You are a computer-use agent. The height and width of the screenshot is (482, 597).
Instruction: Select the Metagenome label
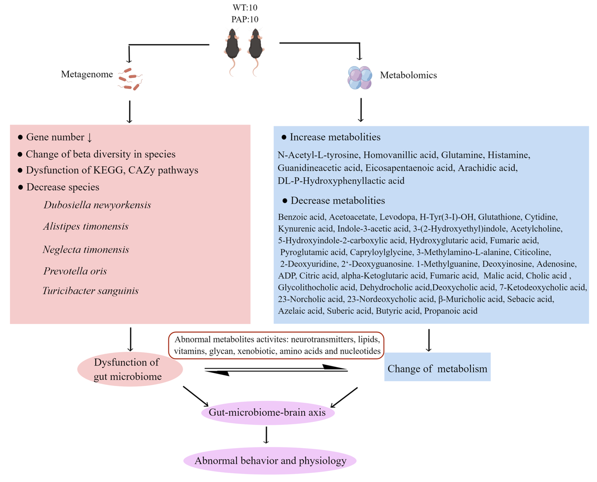(x=87, y=74)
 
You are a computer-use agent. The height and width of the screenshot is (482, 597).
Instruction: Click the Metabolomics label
(x=408, y=75)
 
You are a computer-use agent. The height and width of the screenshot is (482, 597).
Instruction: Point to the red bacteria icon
(x=130, y=79)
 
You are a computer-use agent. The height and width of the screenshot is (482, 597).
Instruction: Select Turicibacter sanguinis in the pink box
(x=91, y=291)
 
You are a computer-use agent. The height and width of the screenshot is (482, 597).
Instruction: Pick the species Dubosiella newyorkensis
(x=97, y=205)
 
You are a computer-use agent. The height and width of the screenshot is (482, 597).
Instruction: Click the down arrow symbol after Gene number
(x=89, y=137)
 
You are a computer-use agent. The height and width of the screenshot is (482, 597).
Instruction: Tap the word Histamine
(x=509, y=155)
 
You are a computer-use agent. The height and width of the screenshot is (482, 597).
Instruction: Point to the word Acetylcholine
(x=536, y=228)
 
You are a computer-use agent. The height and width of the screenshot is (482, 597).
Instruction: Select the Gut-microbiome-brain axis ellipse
(x=268, y=412)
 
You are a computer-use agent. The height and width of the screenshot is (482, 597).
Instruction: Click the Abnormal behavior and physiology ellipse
(x=270, y=461)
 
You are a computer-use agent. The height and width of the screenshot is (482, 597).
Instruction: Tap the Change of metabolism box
(x=437, y=367)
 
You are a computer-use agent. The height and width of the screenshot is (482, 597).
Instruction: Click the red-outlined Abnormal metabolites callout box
(x=276, y=345)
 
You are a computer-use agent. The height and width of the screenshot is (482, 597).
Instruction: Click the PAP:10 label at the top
(x=245, y=19)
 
